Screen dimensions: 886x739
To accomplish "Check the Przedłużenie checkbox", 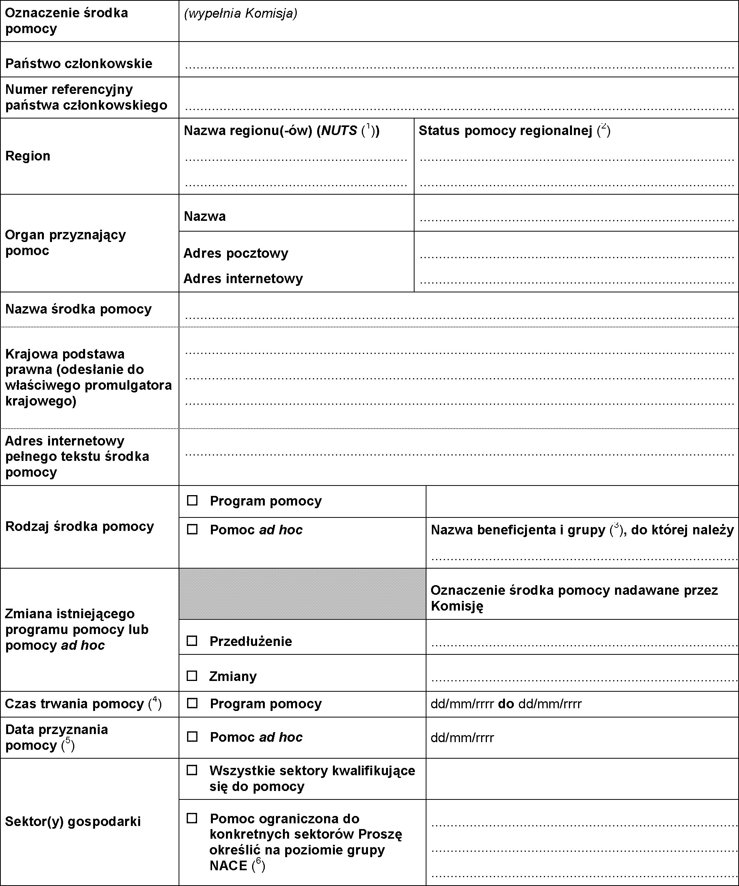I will click(x=192, y=641).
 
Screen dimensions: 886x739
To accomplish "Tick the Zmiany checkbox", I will click(x=192, y=676).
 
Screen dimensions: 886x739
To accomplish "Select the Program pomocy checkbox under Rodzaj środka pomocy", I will click(x=192, y=501).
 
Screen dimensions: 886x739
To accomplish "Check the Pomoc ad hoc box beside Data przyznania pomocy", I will click(x=192, y=737).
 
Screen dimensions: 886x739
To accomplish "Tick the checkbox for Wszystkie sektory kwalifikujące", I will click(x=192, y=771).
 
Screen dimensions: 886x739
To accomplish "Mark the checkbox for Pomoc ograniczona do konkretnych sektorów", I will click(x=192, y=818).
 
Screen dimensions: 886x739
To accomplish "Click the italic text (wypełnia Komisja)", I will click(x=241, y=13).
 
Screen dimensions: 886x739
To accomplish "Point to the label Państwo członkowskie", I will click(x=79, y=63).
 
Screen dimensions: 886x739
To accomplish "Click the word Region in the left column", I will click(x=28, y=156).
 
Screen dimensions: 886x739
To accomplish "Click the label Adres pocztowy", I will click(x=236, y=253).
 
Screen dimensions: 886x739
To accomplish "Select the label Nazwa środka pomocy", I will click(x=79, y=309).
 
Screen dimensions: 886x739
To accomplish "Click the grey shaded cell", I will click(x=302, y=594).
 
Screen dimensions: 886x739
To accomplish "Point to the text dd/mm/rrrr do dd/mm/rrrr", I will click(x=506, y=704).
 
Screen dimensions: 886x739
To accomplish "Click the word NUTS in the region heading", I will click(x=339, y=130).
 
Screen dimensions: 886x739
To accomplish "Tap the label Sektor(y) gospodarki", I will click(x=73, y=821).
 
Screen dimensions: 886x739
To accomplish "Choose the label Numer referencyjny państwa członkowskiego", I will click(x=86, y=97).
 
